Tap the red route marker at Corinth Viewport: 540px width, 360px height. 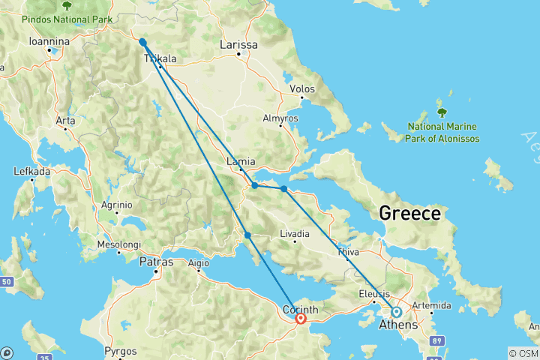click(301, 318)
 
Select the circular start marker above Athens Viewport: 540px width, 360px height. click(396, 311)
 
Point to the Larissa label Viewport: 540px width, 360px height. click(238, 45)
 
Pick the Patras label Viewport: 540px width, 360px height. click(156, 262)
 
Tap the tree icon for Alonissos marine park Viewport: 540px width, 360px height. click(442, 112)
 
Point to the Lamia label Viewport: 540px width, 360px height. click(241, 161)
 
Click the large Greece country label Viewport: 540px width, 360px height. click(409, 213)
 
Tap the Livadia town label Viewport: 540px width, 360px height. click(294, 235)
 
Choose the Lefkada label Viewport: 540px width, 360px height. click(31, 172)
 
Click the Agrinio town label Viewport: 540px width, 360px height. click(117, 205)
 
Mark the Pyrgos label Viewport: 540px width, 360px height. click(121, 351)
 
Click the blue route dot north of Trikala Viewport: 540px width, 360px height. click(142, 42)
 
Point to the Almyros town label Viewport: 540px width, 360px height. click(280, 118)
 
